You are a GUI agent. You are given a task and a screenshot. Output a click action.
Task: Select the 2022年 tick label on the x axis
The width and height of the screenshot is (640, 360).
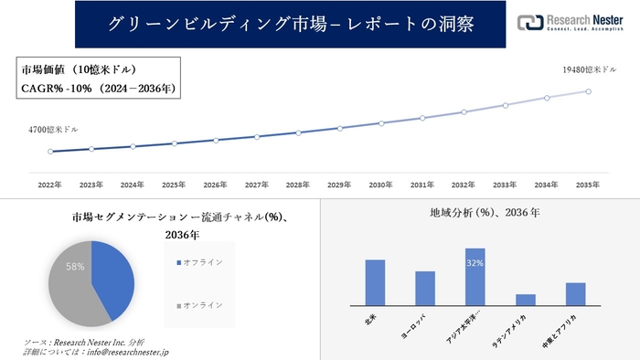[50, 185]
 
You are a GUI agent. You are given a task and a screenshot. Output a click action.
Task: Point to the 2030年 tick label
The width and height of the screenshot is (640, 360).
[381, 185]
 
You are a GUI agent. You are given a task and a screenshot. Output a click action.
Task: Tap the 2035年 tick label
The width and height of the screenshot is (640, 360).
[588, 185]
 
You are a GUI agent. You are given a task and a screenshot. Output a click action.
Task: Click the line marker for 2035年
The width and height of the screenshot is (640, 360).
[588, 91]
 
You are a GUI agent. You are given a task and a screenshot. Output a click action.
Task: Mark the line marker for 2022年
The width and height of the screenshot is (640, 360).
[50, 152]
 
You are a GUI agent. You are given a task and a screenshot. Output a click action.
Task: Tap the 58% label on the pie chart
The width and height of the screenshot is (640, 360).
[75, 267]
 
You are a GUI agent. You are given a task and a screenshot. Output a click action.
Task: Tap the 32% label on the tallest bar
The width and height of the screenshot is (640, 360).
[475, 263]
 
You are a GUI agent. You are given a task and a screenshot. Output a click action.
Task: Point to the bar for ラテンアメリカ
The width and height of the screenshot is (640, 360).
[525, 300]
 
